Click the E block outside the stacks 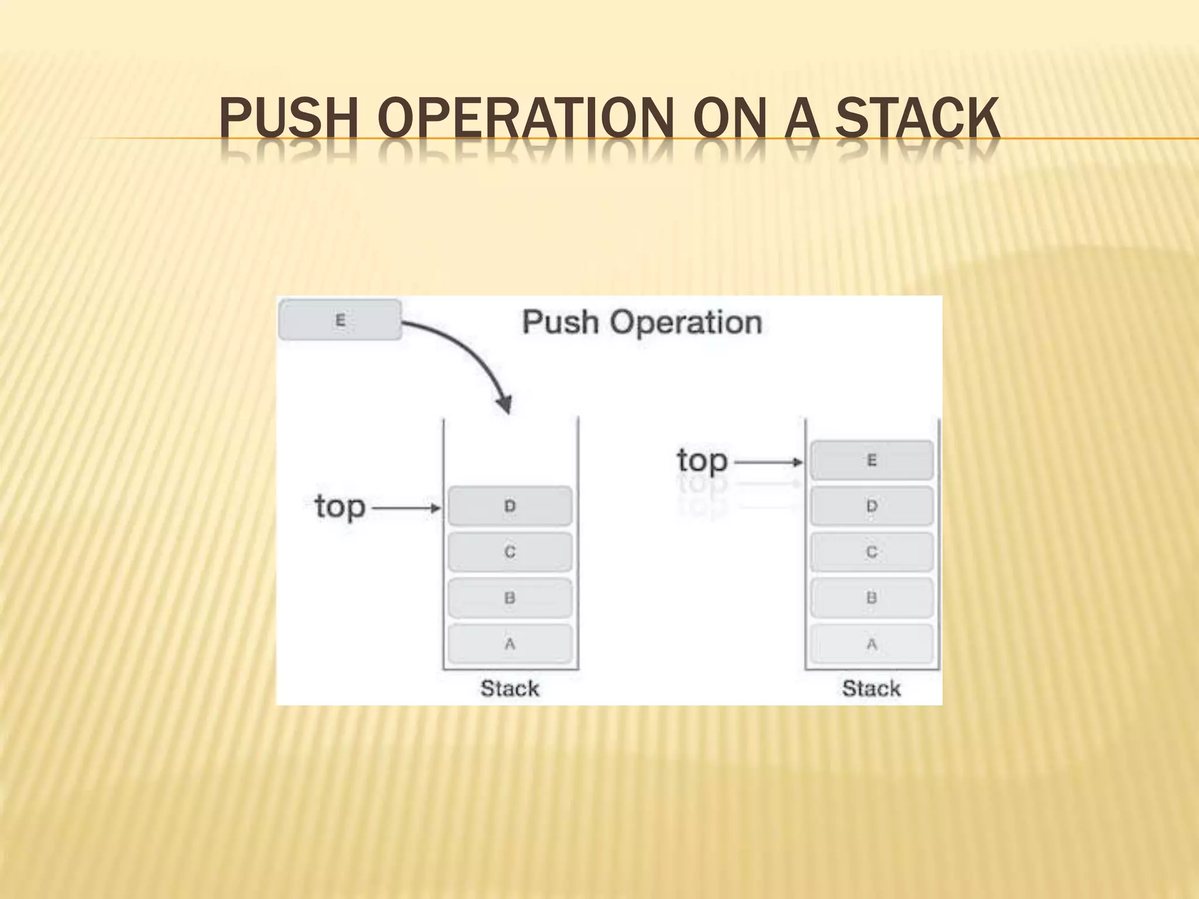tap(340, 320)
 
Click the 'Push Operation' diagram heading tap(642, 322)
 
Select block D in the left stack tap(510, 506)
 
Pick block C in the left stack tap(510, 552)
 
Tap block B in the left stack tap(510, 598)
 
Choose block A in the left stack tap(510, 644)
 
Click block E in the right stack tap(872, 461)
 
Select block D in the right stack tap(872, 506)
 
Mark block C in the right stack tap(872, 552)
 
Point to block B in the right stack tap(872, 598)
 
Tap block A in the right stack tap(872, 644)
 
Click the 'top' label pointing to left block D tap(340, 507)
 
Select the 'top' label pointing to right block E tap(702, 461)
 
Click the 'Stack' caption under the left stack tap(510, 688)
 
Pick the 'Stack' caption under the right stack tap(871, 688)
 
